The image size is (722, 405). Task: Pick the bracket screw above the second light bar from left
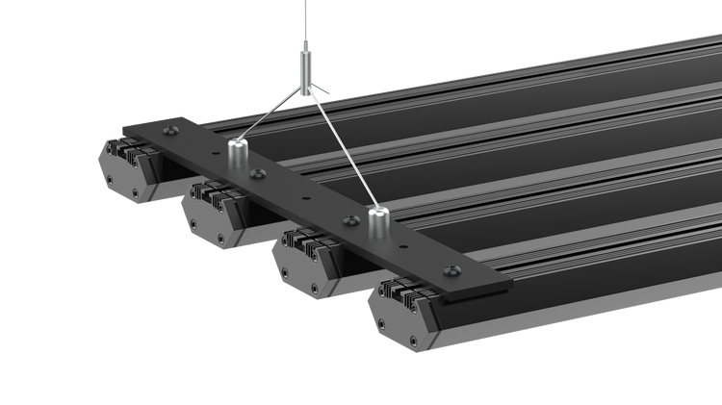pos(256,174)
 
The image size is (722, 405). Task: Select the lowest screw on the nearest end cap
pos(414,342)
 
